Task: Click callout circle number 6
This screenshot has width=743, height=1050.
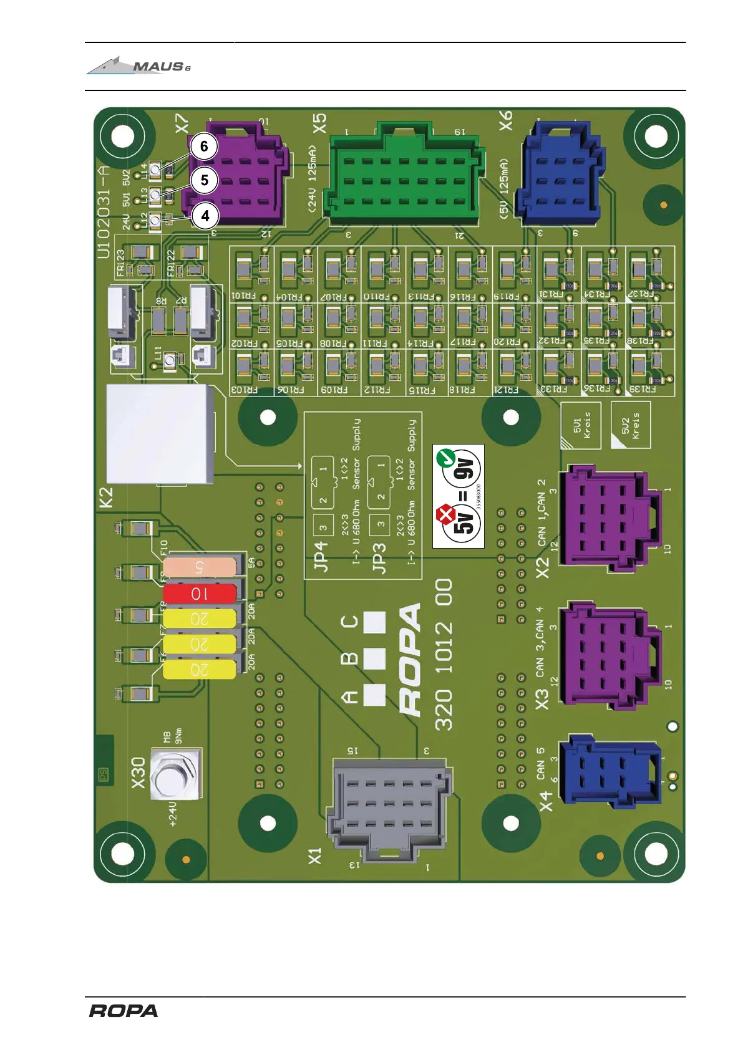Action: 203,147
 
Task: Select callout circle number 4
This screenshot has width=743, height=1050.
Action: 205,216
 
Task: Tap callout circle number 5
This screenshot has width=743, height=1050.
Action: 204,181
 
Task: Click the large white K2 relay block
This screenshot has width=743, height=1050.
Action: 160,434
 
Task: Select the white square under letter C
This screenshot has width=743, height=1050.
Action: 374,622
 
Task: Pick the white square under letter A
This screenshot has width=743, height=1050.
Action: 374,695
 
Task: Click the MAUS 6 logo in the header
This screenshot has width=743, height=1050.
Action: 139,66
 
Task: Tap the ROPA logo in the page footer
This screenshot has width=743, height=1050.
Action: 123,1011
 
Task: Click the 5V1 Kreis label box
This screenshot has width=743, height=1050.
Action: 581,425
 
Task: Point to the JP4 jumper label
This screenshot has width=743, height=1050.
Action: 320,556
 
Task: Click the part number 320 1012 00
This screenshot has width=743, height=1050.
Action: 444,655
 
